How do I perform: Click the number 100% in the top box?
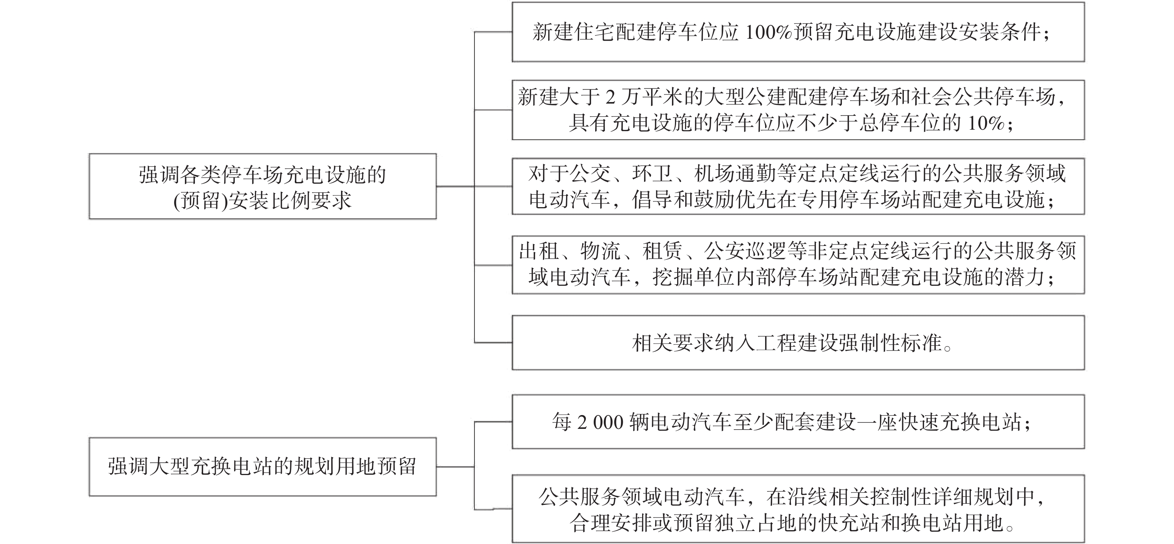click(x=769, y=32)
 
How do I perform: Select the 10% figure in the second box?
click(x=986, y=123)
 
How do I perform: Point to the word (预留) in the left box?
click(x=201, y=200)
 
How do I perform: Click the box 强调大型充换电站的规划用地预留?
click(x=262, y=466)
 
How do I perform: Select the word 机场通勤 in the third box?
click(x=735, y=174)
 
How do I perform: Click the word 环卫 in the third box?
click(x=653, y=174)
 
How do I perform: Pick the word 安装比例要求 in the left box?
click(x=290, y=200)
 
